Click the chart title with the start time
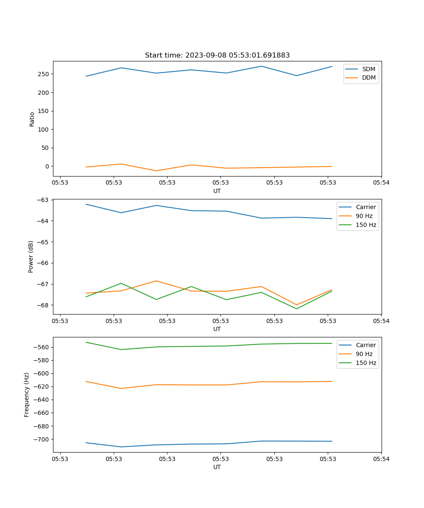point(217,55)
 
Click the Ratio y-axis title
point(32,119)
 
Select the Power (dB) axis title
point(31,257)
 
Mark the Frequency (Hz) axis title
point(27,395)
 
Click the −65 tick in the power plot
point(44,242)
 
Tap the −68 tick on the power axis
point(44,305)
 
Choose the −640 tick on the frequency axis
point(42,400)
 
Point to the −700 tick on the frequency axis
point(42,439)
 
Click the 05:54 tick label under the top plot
point(381,183)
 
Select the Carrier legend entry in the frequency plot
point(365,345)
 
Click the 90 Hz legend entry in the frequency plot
point(364,354)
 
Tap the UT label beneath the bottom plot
point(217,467)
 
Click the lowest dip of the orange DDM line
point(156,171)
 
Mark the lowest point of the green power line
point(296,309)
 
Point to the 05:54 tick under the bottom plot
point(381,459)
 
